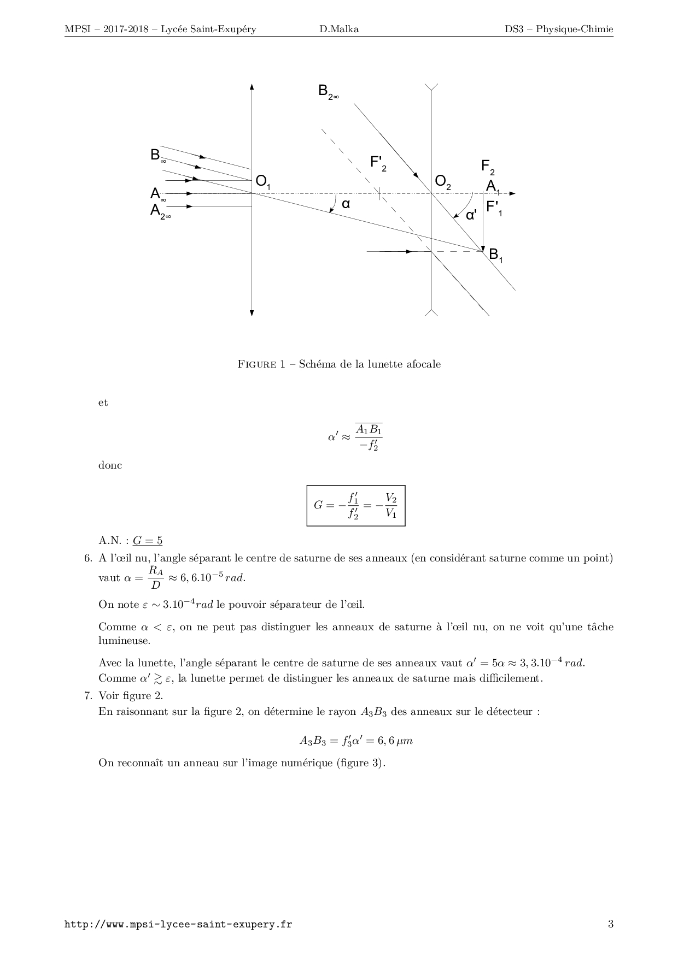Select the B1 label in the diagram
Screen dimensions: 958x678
click(495, 255)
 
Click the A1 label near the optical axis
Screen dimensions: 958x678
click(493, 187)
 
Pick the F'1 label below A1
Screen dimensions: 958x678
click(494, 208)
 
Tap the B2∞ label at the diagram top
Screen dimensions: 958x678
click(328, 92)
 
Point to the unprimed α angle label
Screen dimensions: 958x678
click(346, 204)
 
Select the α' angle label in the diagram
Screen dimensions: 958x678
click(471, 216)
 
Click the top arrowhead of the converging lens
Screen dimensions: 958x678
click(252, 86)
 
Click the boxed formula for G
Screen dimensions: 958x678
click(355, 505)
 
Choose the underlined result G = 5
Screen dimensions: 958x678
click(148, 541)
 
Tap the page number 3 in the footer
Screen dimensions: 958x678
click(610, 924)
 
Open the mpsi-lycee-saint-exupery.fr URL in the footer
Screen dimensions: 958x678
click(178, 925)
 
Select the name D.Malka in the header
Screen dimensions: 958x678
click(339, 29)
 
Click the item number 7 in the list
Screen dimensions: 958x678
click(87, 695)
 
